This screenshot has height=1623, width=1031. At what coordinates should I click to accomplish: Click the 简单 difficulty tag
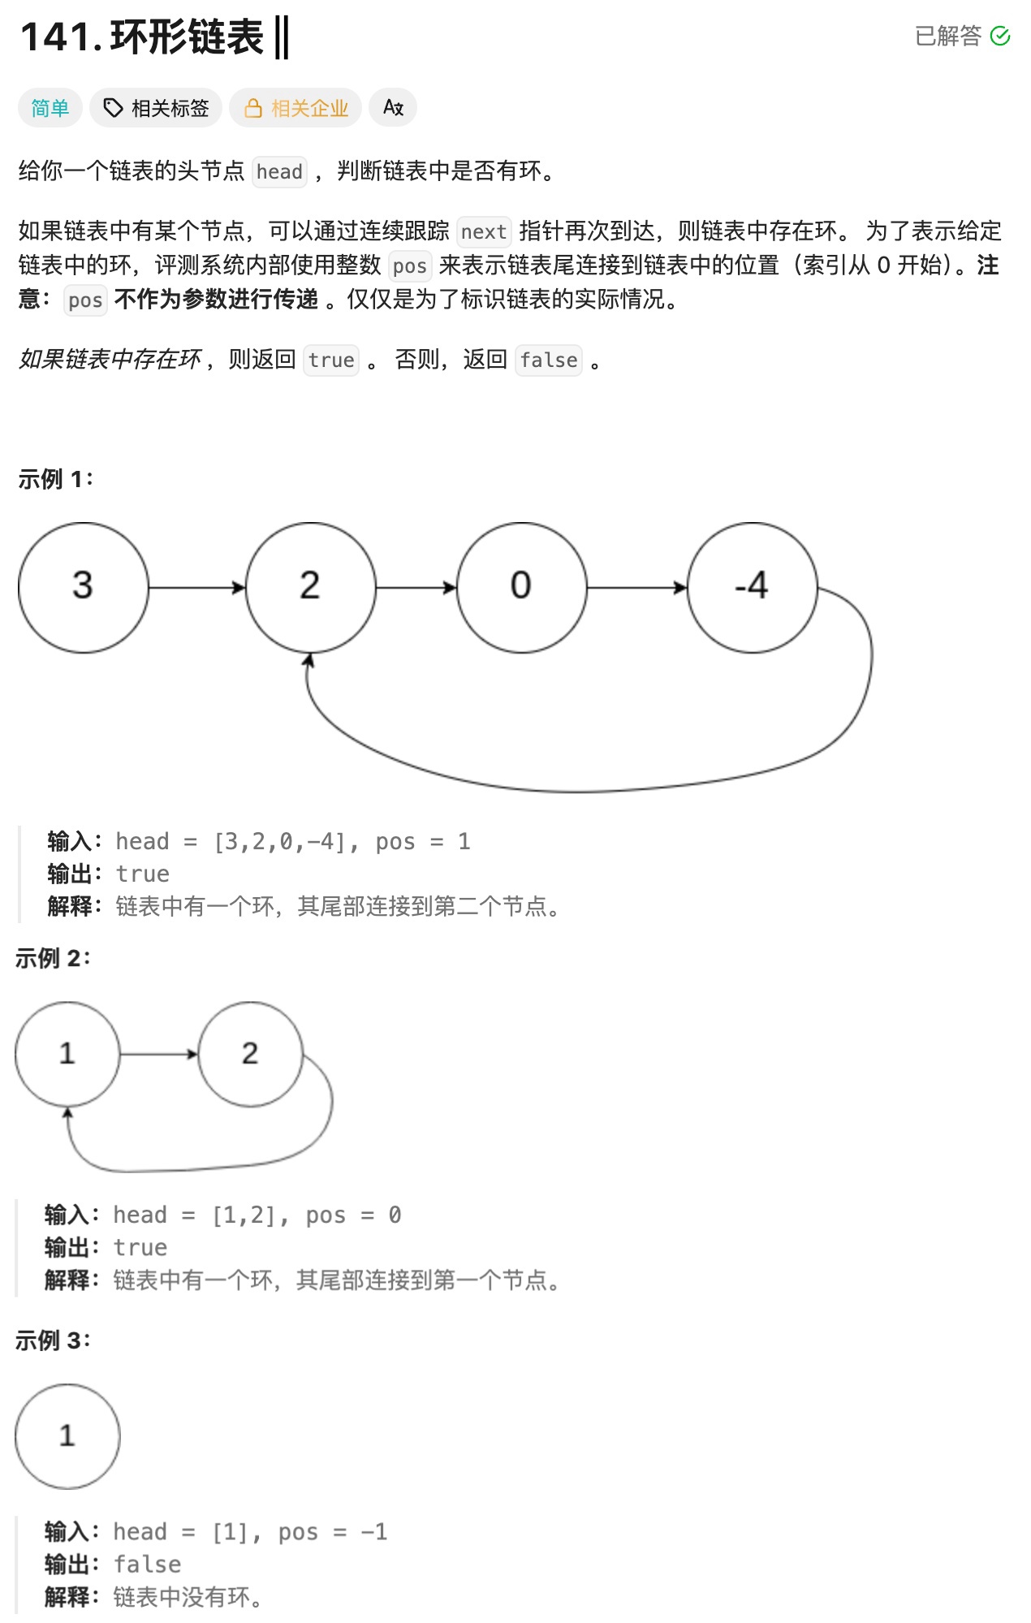point(50,108)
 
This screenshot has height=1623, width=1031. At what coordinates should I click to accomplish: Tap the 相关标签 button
point(156,108)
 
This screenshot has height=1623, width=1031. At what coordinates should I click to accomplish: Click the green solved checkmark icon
point(1000,37)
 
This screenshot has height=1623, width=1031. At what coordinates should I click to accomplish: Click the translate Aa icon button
point(393,107)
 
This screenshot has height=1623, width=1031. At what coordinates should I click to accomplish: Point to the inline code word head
point(279,172)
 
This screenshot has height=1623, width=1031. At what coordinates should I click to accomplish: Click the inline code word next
point(484,232)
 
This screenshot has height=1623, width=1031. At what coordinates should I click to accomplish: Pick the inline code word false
point(549,360)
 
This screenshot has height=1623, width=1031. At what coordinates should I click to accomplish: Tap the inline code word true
point(331,360)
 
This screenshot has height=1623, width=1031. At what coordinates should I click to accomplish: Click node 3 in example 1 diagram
point(83,587)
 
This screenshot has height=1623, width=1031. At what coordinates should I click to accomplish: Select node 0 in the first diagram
point(521,587)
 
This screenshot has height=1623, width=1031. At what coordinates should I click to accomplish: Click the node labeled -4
point(752,587)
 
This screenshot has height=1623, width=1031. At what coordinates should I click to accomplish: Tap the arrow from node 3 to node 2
point(197,587)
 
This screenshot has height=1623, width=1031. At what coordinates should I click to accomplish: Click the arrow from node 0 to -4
point(636,587)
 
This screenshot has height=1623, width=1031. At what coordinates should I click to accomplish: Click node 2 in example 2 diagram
point(250,1054)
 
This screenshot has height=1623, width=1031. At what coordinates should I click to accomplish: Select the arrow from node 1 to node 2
point(159,1054)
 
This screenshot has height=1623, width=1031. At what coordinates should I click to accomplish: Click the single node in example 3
point(67,1436)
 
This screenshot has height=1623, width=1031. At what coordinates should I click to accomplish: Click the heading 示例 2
point(53,958)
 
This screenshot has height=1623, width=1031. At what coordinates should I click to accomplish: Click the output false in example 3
point(147,1565)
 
